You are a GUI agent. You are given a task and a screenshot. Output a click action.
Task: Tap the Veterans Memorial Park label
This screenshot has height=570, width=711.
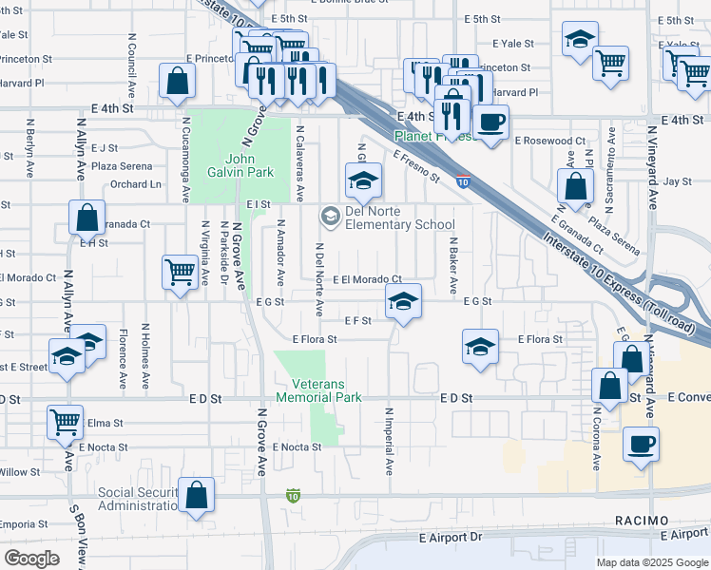pyautogui.click(x=318, y=390)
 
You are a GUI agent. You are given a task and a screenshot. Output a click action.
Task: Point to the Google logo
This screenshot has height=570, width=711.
pyautogui.click(x=31, y=559)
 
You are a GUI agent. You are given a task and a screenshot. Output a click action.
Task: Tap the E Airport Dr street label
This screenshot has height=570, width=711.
pyautogui.click(x=451, y=537)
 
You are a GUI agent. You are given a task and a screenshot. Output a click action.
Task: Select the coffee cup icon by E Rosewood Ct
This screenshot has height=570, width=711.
pyautogui.click(x=490, y=122)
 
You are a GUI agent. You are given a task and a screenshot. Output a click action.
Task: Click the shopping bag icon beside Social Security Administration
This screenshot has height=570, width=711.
pyautogui.click(x=196, y=495)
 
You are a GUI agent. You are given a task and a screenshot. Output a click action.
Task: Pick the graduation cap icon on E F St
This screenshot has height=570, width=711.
pyautogui.click(x=404, y=303)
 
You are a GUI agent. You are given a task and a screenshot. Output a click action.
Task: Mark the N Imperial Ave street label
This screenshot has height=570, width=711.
pyautogui.click(x=389, y=441)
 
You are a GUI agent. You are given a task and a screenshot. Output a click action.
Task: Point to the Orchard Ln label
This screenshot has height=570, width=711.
pyautogui.click(x=136, y=184)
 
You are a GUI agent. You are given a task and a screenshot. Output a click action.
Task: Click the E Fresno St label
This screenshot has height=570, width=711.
pyautogui.click(x=416, y=164)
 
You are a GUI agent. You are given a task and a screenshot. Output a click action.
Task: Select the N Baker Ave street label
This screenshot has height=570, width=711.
pyautogui.click(x=453, y=265)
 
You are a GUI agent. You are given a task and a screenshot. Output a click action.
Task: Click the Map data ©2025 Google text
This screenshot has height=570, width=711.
pyautogui.click(x=651, y=562)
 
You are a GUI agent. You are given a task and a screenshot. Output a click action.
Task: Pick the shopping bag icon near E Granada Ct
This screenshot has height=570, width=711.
pyautogui.click(x=86, y=218)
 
